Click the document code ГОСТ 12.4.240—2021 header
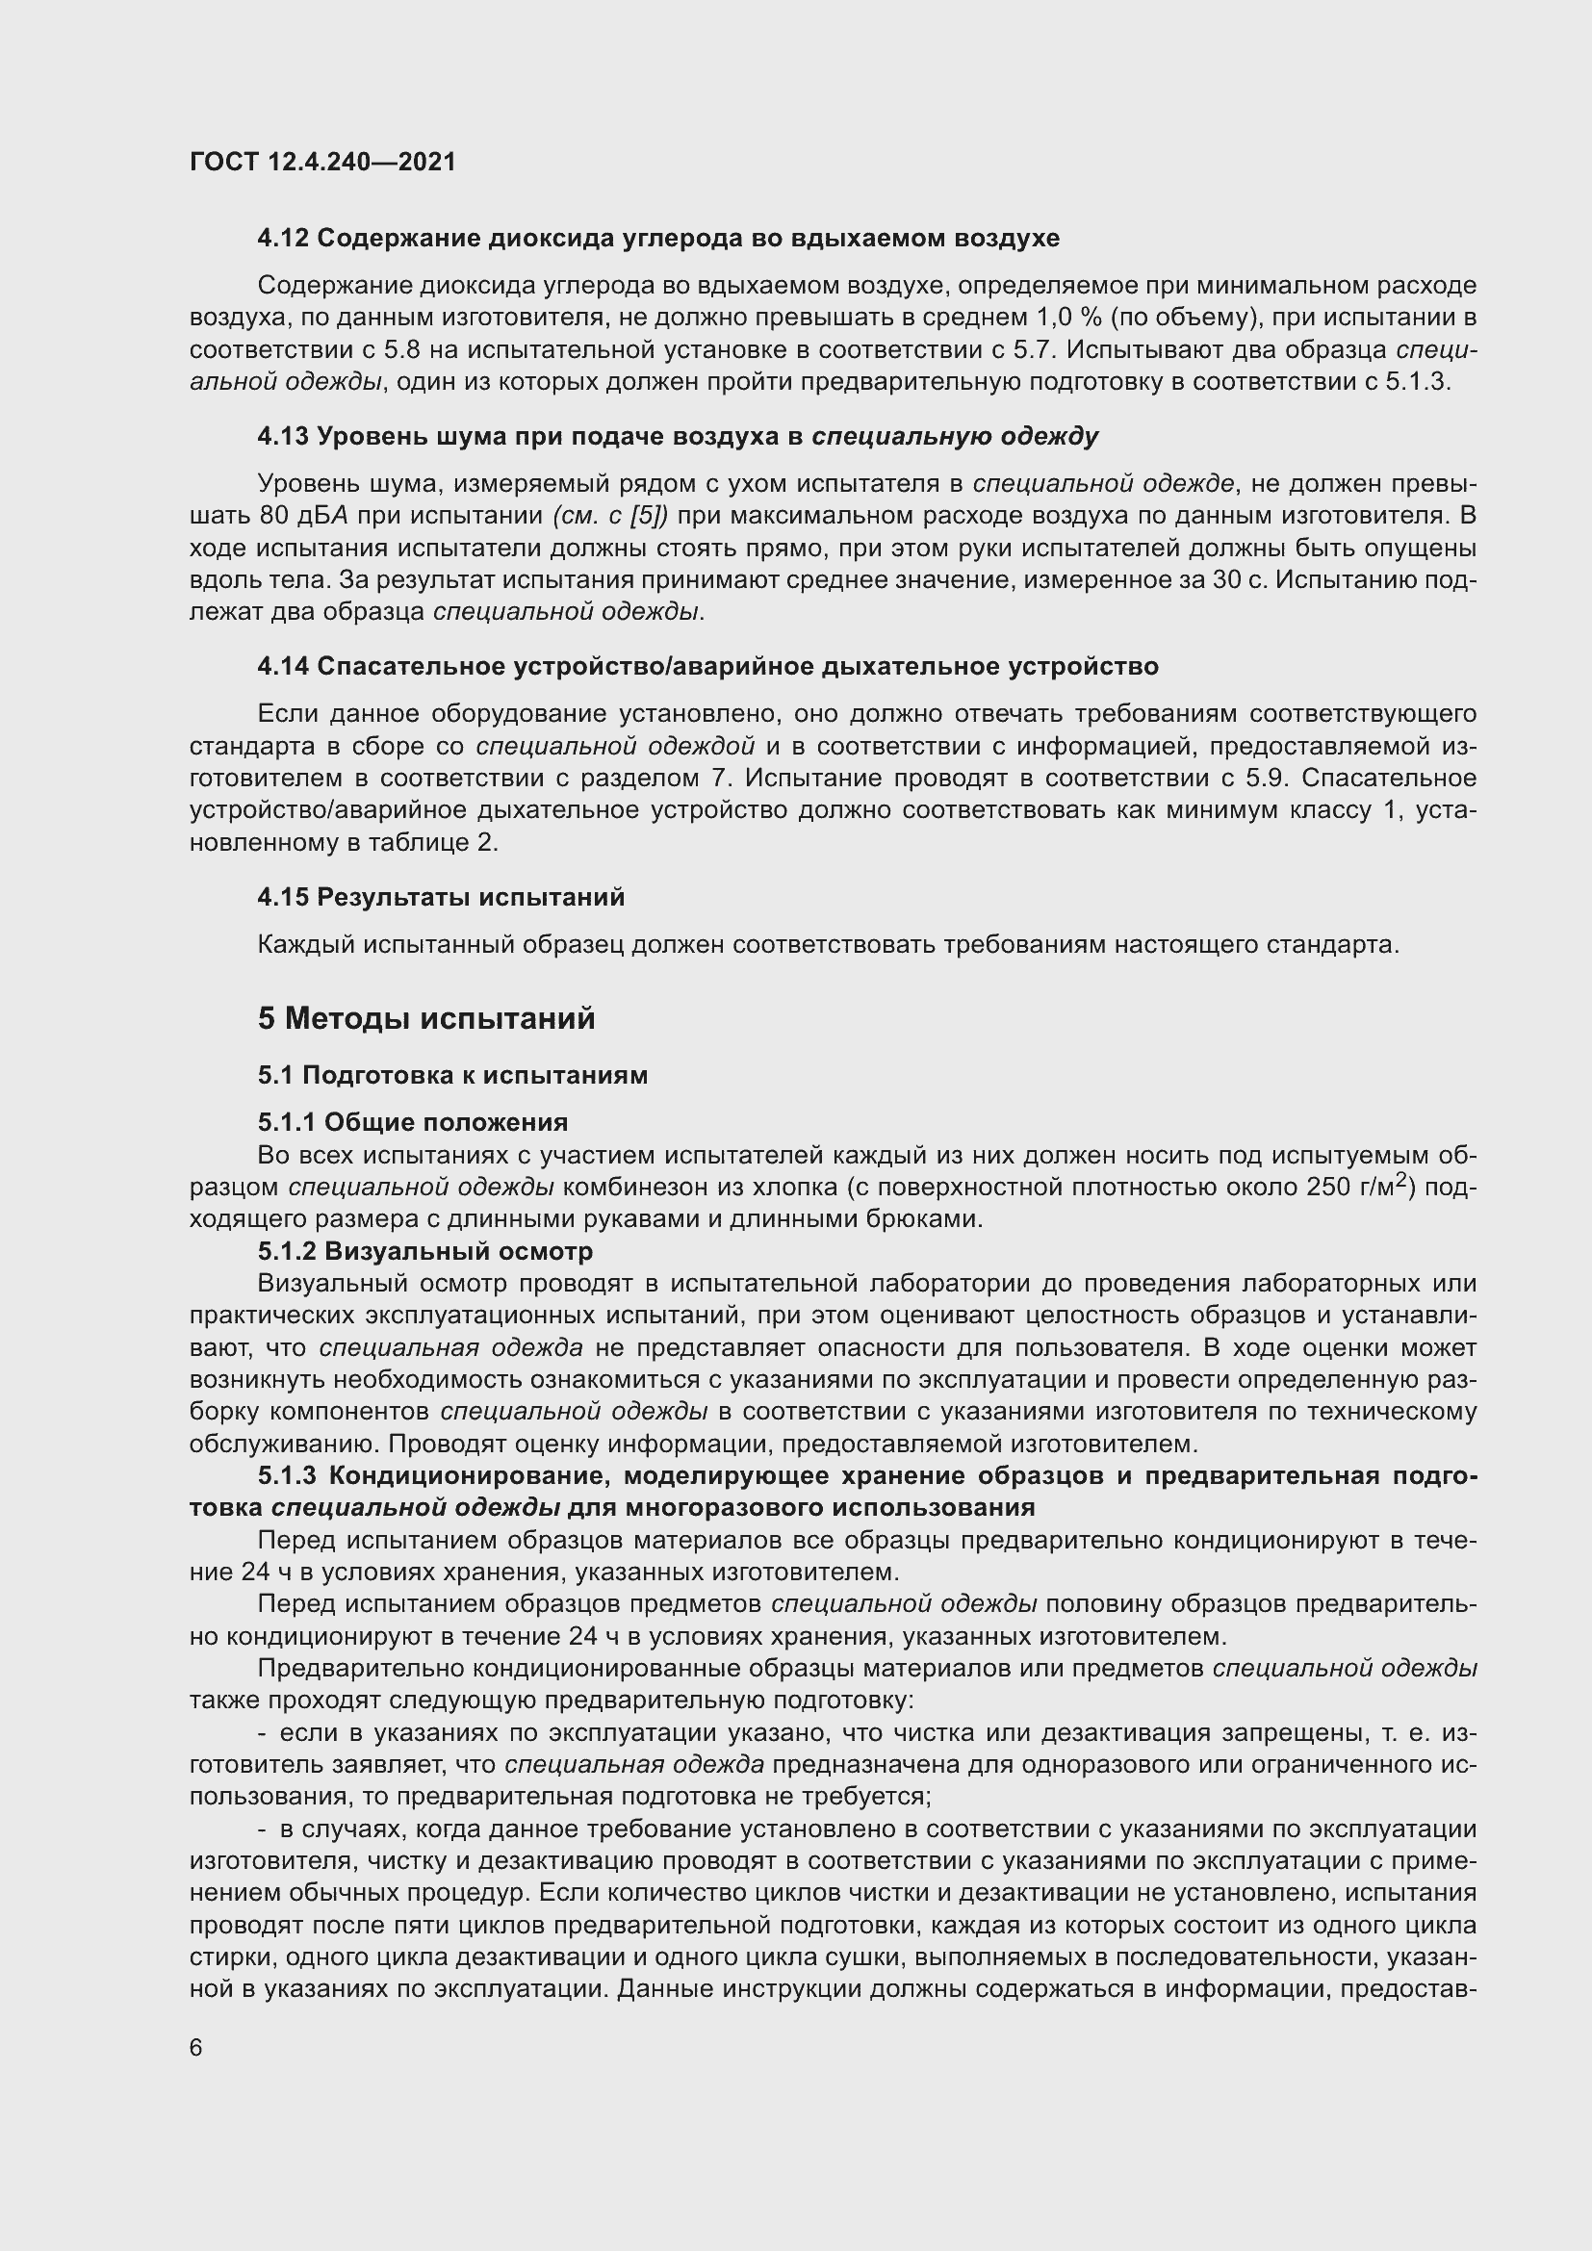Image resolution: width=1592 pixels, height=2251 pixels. pos(322,162)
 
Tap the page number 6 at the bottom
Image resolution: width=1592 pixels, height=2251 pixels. pos(196,2048)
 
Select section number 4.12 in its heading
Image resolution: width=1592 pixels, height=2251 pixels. pos(283,239)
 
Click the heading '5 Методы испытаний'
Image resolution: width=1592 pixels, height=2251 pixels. pos(426,1017)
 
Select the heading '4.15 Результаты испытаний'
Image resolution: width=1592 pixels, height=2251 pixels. pos(441,896)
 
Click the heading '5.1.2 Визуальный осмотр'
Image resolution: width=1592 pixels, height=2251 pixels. pos(425,1252)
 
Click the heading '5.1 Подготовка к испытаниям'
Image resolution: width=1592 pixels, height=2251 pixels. pos(453,1075)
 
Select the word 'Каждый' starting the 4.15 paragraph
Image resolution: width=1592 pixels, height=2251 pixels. pos(306,944)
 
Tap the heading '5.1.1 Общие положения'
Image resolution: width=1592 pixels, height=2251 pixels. pos(413,1121)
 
